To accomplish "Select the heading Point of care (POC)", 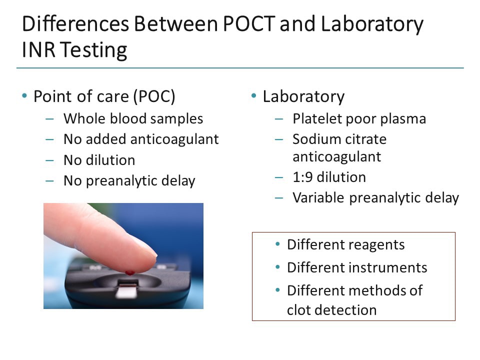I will pos(104,96).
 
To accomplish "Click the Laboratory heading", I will pos(303,96).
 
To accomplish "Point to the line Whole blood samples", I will pos(133,118).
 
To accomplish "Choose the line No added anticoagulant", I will pos(141,139).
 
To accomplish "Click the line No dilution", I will pos(99,160).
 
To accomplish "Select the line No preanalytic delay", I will pos(129,180).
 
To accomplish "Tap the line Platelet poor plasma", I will pos(359,118).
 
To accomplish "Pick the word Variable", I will pos(318,197).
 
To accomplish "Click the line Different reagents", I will pos(345,244).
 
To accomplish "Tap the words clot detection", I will pos(331,309).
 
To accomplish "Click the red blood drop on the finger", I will pos(130,273).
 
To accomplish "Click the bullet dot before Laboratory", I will pos(254,95).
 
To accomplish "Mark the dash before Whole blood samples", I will pos(49,119).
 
